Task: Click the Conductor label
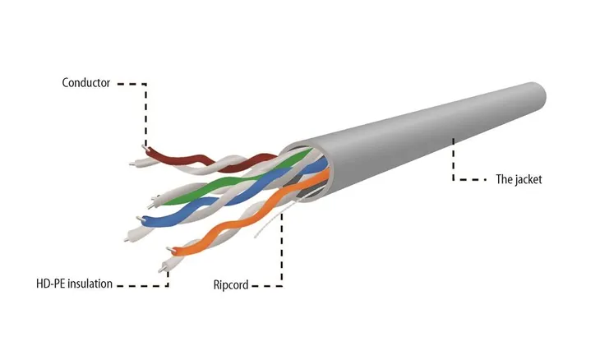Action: [x=86, y=83]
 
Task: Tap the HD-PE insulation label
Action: [x=74, y=284]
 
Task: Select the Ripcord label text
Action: [x=231, y=285]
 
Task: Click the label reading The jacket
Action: [x=519, y=179]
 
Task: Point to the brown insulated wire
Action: [x=199, y=159]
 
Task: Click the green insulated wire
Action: [x=229, y=180]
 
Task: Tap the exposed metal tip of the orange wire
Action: [x=169, y=249]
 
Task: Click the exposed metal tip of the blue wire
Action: [x=139, y=219]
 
